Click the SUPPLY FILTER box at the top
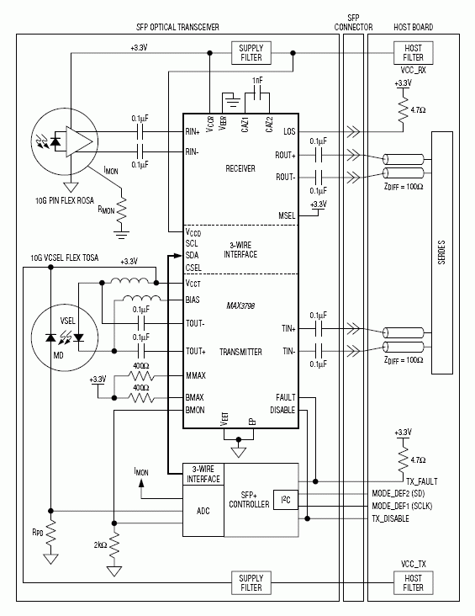[x=251, y=53]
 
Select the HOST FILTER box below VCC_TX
[x=413, y=581]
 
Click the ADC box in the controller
[x=203, y=510]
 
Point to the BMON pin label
[x=195, y=410]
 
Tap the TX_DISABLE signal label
[x=396, y=519]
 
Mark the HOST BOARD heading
[x=413, y=27]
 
